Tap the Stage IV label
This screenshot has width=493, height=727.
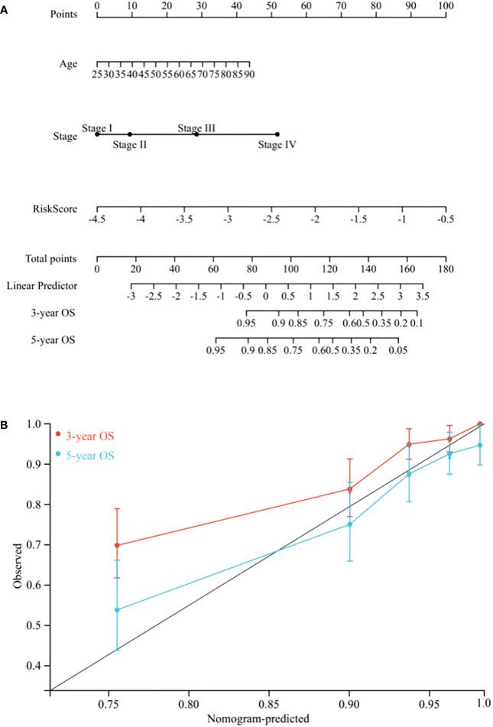click(277, 144)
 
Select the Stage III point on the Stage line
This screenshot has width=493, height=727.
click(196, 135)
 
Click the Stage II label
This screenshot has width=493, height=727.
click(129, 144)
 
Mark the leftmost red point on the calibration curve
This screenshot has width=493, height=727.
click(117, 546)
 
